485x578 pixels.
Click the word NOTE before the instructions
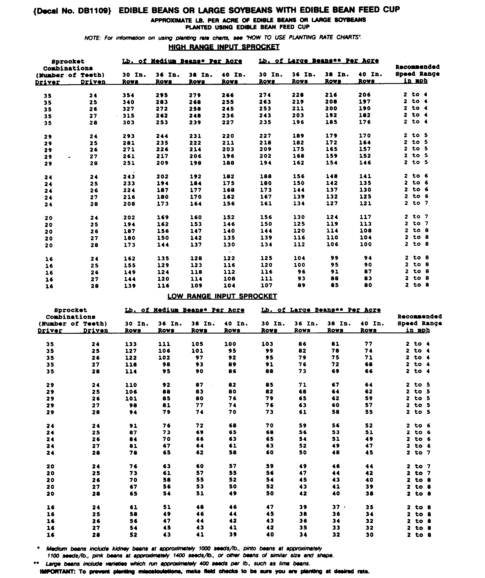point(93,38)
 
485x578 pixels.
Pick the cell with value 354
point(128,95)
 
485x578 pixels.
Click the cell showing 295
point(162,95)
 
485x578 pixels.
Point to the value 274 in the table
point(265,95)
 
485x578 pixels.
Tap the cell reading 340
point(128,102)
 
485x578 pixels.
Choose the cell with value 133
point(131,344)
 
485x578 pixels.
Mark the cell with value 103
point(267,344)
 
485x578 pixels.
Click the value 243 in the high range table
point(129,177)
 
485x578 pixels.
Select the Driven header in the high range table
point(93,82)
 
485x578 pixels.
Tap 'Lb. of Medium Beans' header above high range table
point(182,61)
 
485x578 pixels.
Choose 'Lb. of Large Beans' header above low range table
point(321,310)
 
